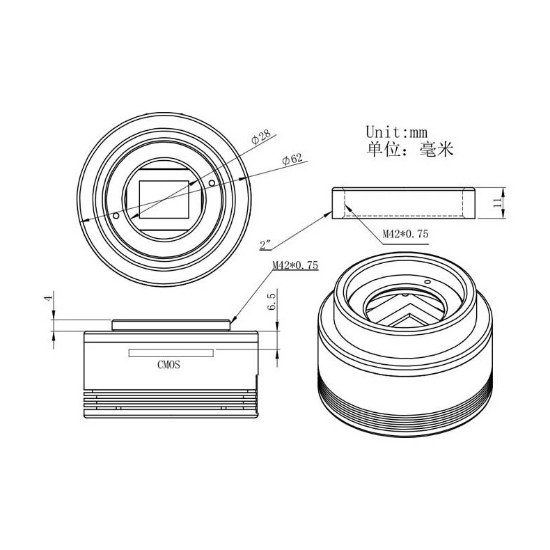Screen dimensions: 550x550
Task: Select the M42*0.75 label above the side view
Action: point(294,265)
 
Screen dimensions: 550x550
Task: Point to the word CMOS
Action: point(169,364)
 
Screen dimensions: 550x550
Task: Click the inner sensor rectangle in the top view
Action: point(164,199)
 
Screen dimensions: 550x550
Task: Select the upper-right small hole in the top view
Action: point(212,182)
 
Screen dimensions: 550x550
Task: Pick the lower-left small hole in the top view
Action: point(116,216)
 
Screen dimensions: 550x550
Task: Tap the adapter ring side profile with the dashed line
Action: point(404,203)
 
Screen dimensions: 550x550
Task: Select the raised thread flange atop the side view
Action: point(171,324)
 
